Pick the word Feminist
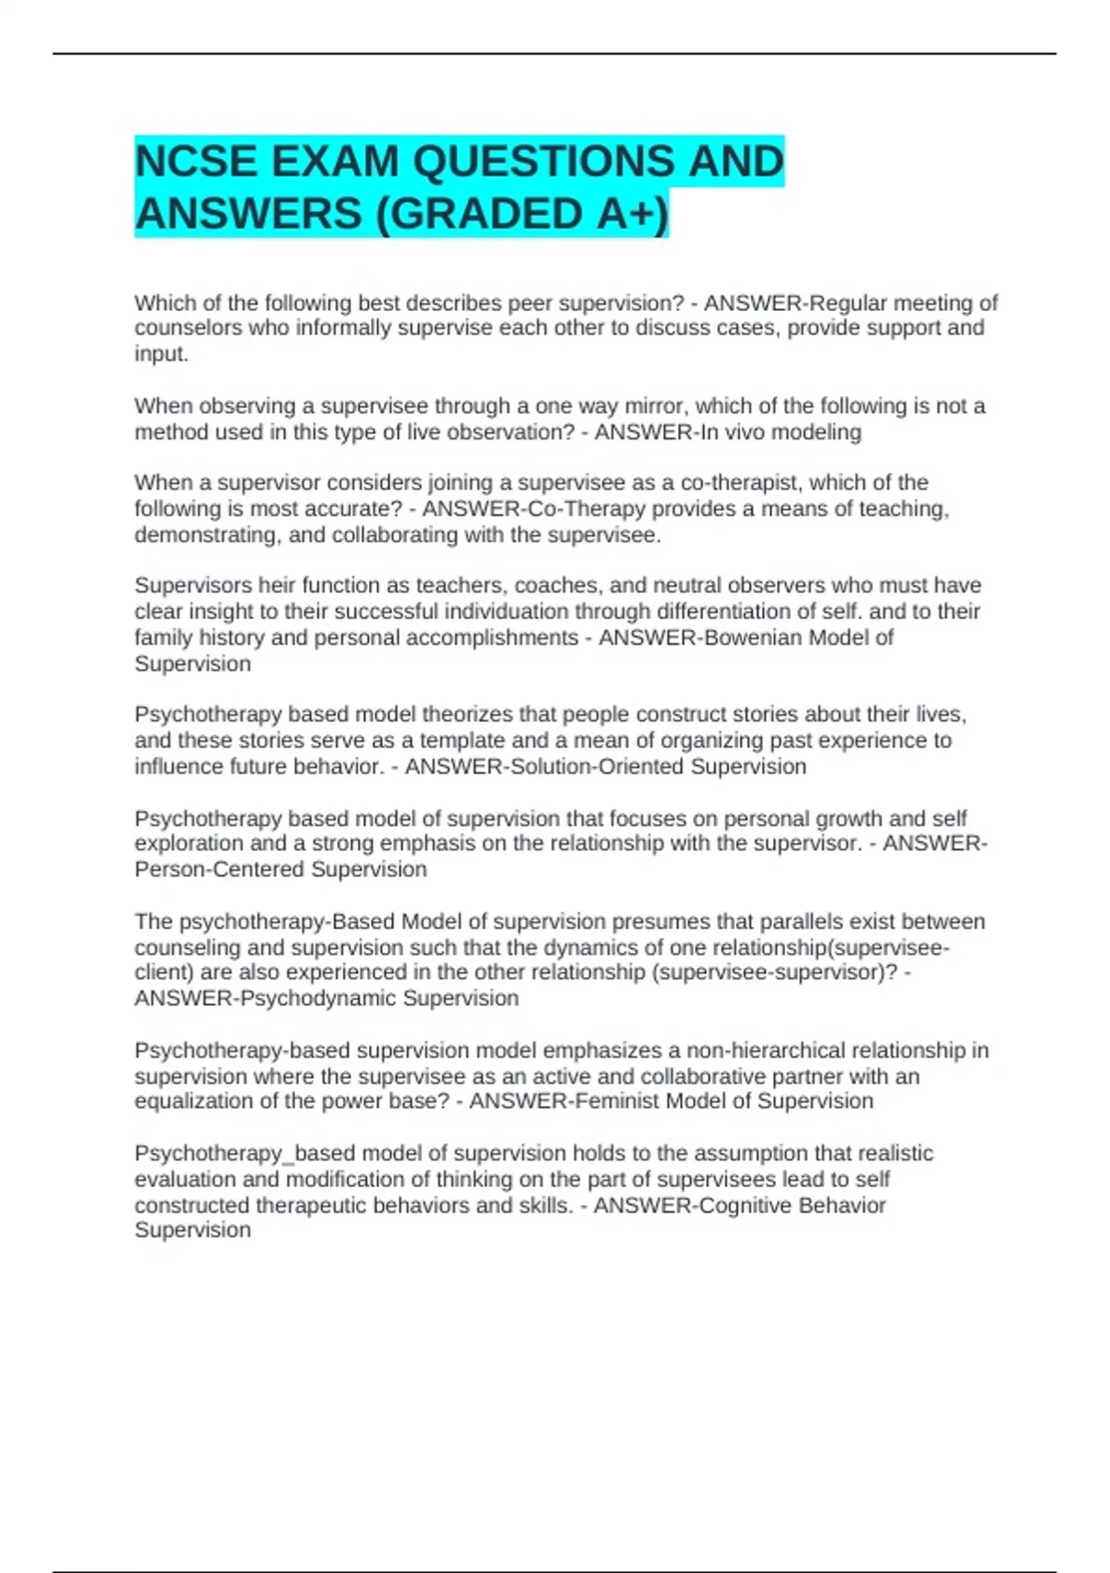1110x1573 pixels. point(617,1101)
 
